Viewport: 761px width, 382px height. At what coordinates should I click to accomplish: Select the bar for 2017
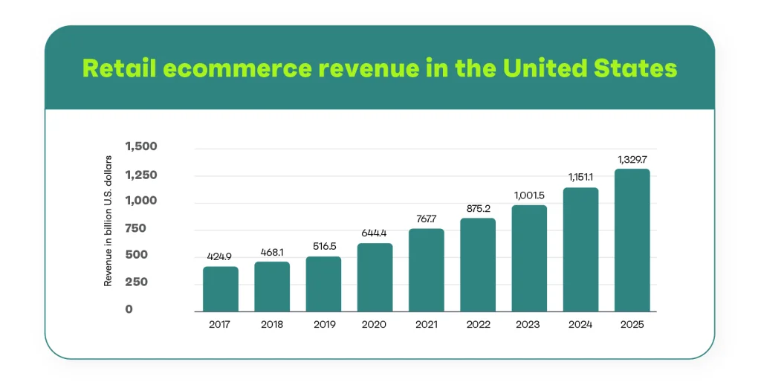click(221, 288)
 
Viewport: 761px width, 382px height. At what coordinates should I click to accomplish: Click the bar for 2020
click(375, 276)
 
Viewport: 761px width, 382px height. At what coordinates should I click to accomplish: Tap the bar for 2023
click(529, 258)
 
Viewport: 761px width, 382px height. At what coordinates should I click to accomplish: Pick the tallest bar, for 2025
click(632, 239)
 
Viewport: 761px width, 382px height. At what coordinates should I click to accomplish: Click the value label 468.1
click(272, 253)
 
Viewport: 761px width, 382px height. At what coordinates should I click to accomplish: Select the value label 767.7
click(427, 219)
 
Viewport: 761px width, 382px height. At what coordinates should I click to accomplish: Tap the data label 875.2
click(478, 209)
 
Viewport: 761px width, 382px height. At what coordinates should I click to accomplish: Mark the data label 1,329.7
click(632, 159)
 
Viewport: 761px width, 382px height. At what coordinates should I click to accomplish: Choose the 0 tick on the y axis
click(129, 309)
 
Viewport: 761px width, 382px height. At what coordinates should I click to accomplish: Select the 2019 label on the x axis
click(323, 325)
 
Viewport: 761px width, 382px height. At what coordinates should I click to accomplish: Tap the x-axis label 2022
click(478, 325)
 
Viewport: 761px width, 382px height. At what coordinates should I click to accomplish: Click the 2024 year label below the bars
click(580, 325)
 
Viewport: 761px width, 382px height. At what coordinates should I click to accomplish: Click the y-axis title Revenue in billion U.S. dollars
click(109, 221)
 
